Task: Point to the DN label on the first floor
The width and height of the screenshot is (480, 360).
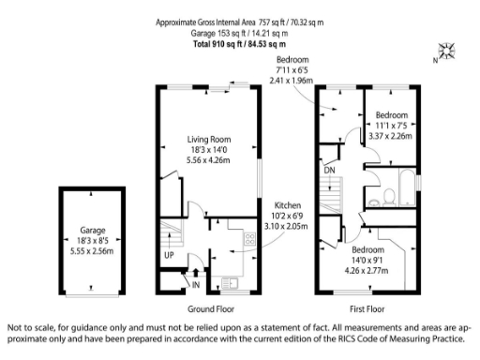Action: [x=330, y=171]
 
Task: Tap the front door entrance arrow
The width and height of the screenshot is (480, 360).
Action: [x=195, y=273]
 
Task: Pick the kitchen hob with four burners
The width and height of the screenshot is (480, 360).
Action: [x=250, y=239]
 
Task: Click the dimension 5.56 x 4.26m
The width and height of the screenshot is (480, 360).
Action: [x=209, y=160]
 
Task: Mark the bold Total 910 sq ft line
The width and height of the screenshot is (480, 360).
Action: [x=239, y=44]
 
